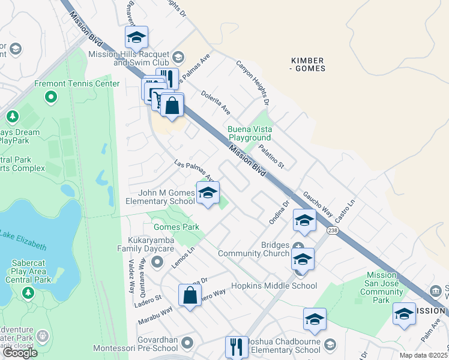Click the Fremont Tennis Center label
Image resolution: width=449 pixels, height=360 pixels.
click(x=77, y=83)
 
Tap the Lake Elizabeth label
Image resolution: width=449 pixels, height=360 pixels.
click(x=24, y=239)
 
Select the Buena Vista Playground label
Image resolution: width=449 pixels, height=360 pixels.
click(x=250, y=133)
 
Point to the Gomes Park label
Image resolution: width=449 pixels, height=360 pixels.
click(x=176, y=227)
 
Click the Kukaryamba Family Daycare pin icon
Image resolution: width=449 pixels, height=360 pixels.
click(x=158, y=261)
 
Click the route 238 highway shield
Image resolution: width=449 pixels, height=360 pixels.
click(x=332, y=230)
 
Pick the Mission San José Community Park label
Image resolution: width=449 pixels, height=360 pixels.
click(x=381, y=287)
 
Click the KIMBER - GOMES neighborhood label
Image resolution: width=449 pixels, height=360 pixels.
click(x=307, y=64)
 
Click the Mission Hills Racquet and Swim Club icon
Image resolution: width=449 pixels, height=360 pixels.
click(x=178, y=58)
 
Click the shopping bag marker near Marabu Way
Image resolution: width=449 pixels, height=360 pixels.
click(x=190, y=295)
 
